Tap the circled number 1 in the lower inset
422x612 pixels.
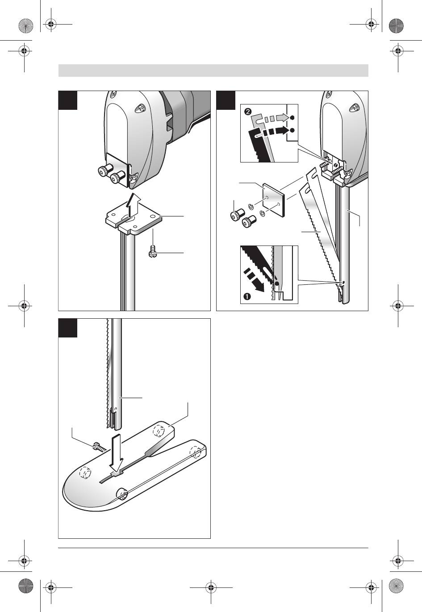(x=246, y=296)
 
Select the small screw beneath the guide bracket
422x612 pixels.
(x=152, y=253)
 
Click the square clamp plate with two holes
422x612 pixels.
(x=274, y=201)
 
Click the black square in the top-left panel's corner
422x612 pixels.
(x=68, y=100)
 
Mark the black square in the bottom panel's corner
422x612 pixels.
(x=68, y=328)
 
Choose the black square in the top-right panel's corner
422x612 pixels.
(x=226, y=100)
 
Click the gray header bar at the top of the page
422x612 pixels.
(x=213, y=71)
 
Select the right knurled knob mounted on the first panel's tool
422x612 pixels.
(x=117, y=177)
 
